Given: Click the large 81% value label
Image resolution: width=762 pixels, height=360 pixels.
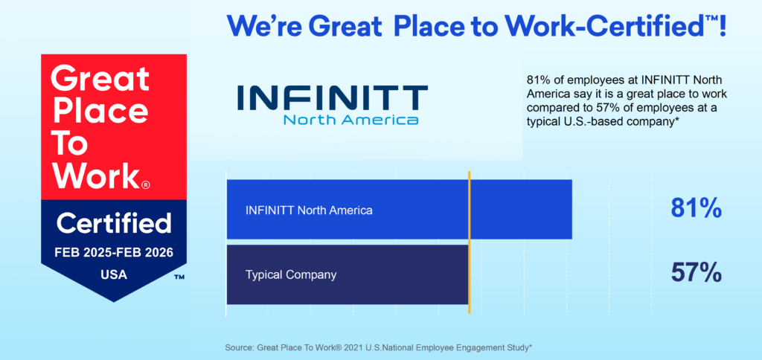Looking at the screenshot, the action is pyautogui.click(x=696, y=209).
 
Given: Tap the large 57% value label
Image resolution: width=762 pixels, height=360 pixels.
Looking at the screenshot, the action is pyautogui.click(x=696, y=273).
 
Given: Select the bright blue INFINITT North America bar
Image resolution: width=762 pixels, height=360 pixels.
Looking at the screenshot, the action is pyautogui.click(x=399, y=210).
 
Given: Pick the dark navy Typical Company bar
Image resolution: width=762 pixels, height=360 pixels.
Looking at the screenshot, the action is pyautogui.click(x=348, y=274).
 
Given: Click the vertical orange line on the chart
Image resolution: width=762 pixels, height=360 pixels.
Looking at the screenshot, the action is pyautogui.click(x=469, y=242).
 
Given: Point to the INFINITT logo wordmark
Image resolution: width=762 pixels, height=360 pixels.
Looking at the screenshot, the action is pyautogui.click(x=333, y=97).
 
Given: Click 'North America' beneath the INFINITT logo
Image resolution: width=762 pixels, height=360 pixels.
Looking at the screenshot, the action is pyautogui.click(x=351, y=120).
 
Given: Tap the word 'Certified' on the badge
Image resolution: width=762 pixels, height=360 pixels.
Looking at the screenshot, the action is pyautogui.click(x=114, y=223).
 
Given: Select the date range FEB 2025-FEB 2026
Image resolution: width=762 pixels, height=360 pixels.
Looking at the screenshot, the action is pyautogui.click(x=114, y=253).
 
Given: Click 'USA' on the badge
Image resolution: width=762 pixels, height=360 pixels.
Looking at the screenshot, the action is pyautogui.click(x=114, y=274).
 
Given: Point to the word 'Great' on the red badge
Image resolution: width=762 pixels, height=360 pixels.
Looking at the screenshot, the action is pyautogui.click(x=100, y=79).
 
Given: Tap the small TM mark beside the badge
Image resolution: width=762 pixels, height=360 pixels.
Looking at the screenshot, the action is pyautogui.click(x=179, y=277).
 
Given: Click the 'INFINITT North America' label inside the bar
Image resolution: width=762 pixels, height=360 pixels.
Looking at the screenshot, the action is pyautogui.click(x=309, y=210).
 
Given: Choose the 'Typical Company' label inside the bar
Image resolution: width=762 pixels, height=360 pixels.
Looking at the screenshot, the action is pyautogui.click(x=291, y=275).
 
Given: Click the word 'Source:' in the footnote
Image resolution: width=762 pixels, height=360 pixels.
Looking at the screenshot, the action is pyautogui.click(x=239, y=348).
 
